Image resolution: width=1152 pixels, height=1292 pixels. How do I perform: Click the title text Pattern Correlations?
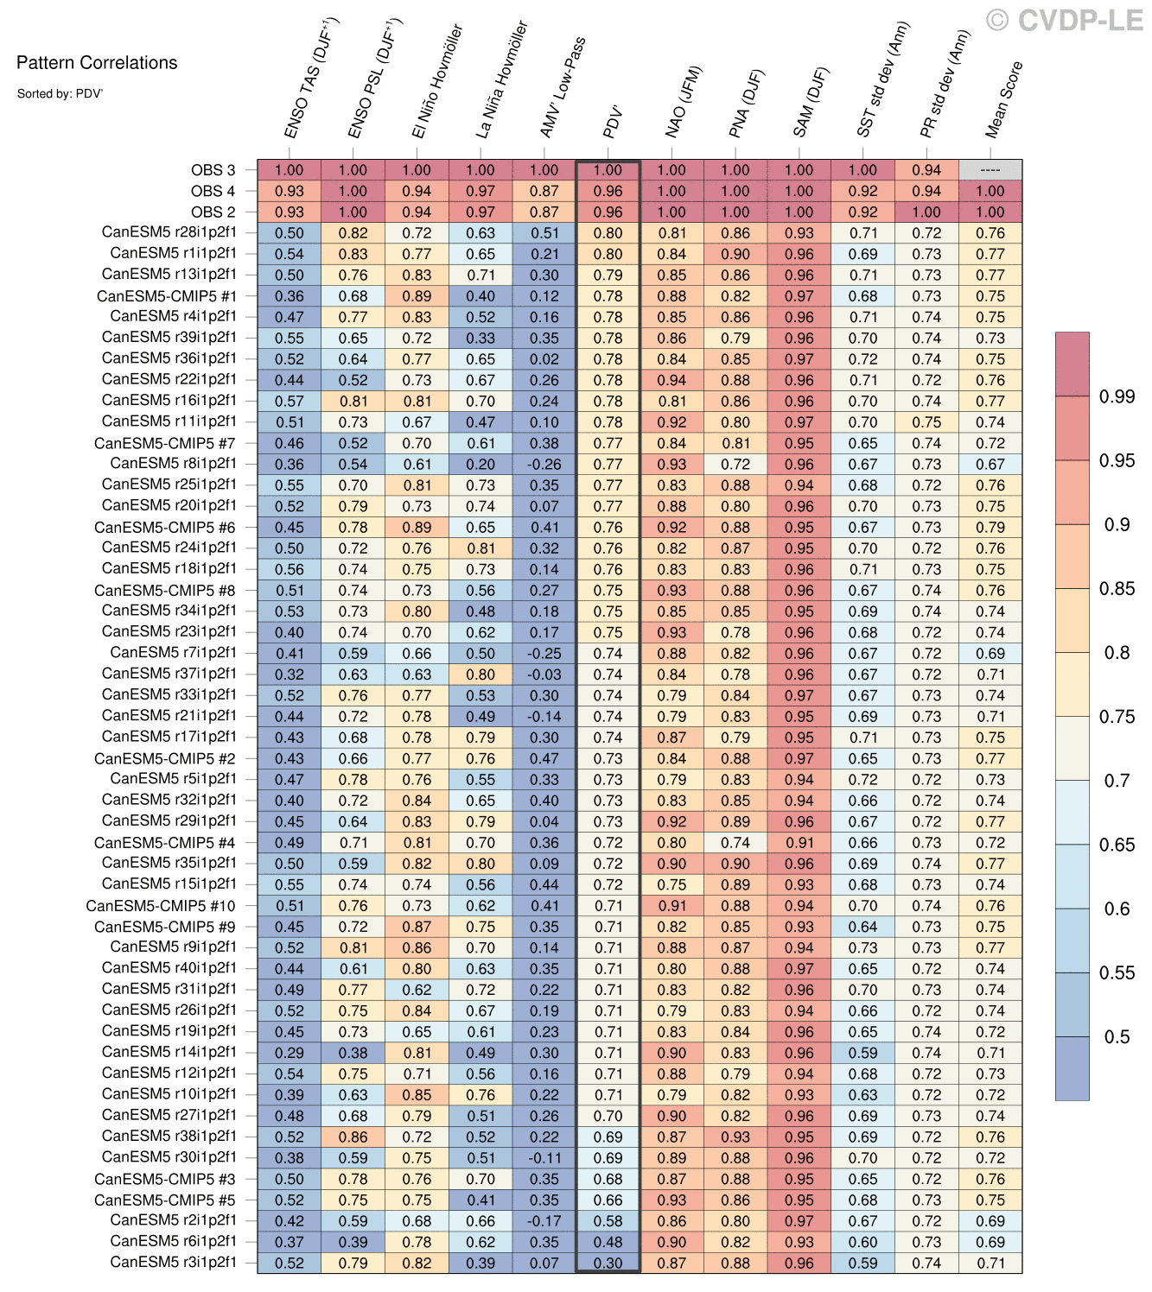tap(97, 63)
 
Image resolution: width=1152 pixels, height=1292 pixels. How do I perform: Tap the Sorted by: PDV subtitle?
tap(60, 93)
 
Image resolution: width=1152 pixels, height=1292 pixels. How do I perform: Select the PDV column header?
tap(612, 123)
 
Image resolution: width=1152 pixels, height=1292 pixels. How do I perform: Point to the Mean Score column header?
tap(1003, 100)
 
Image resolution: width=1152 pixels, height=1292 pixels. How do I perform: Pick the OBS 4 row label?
tap(213, 191)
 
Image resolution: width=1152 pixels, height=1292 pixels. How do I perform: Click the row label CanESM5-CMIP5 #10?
tap(161, 906)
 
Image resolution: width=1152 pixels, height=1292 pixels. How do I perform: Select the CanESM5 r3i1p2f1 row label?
tap(173, 1263)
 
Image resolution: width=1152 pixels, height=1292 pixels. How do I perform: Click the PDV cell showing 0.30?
tap(608, 1263)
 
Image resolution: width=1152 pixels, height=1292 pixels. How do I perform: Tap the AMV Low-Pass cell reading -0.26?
tap(544, 465)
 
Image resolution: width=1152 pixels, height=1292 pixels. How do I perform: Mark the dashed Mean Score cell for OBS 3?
tap(990, 170)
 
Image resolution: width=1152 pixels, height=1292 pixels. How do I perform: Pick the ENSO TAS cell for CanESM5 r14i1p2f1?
tap(290, 1053)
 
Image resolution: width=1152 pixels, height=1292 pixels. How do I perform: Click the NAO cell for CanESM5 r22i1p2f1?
tap(671, 380)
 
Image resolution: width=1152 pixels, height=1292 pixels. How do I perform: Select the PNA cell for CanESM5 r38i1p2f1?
tap(735, 1137)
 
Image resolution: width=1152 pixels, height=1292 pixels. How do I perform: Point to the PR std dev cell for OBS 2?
tap(926, 212)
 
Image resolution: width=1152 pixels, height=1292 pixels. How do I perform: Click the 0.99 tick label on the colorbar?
tap(1117, 396)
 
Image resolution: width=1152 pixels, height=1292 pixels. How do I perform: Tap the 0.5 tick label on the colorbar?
tap(1117, 1036)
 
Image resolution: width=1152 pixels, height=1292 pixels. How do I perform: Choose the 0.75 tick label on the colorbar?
tap(1117, 716)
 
